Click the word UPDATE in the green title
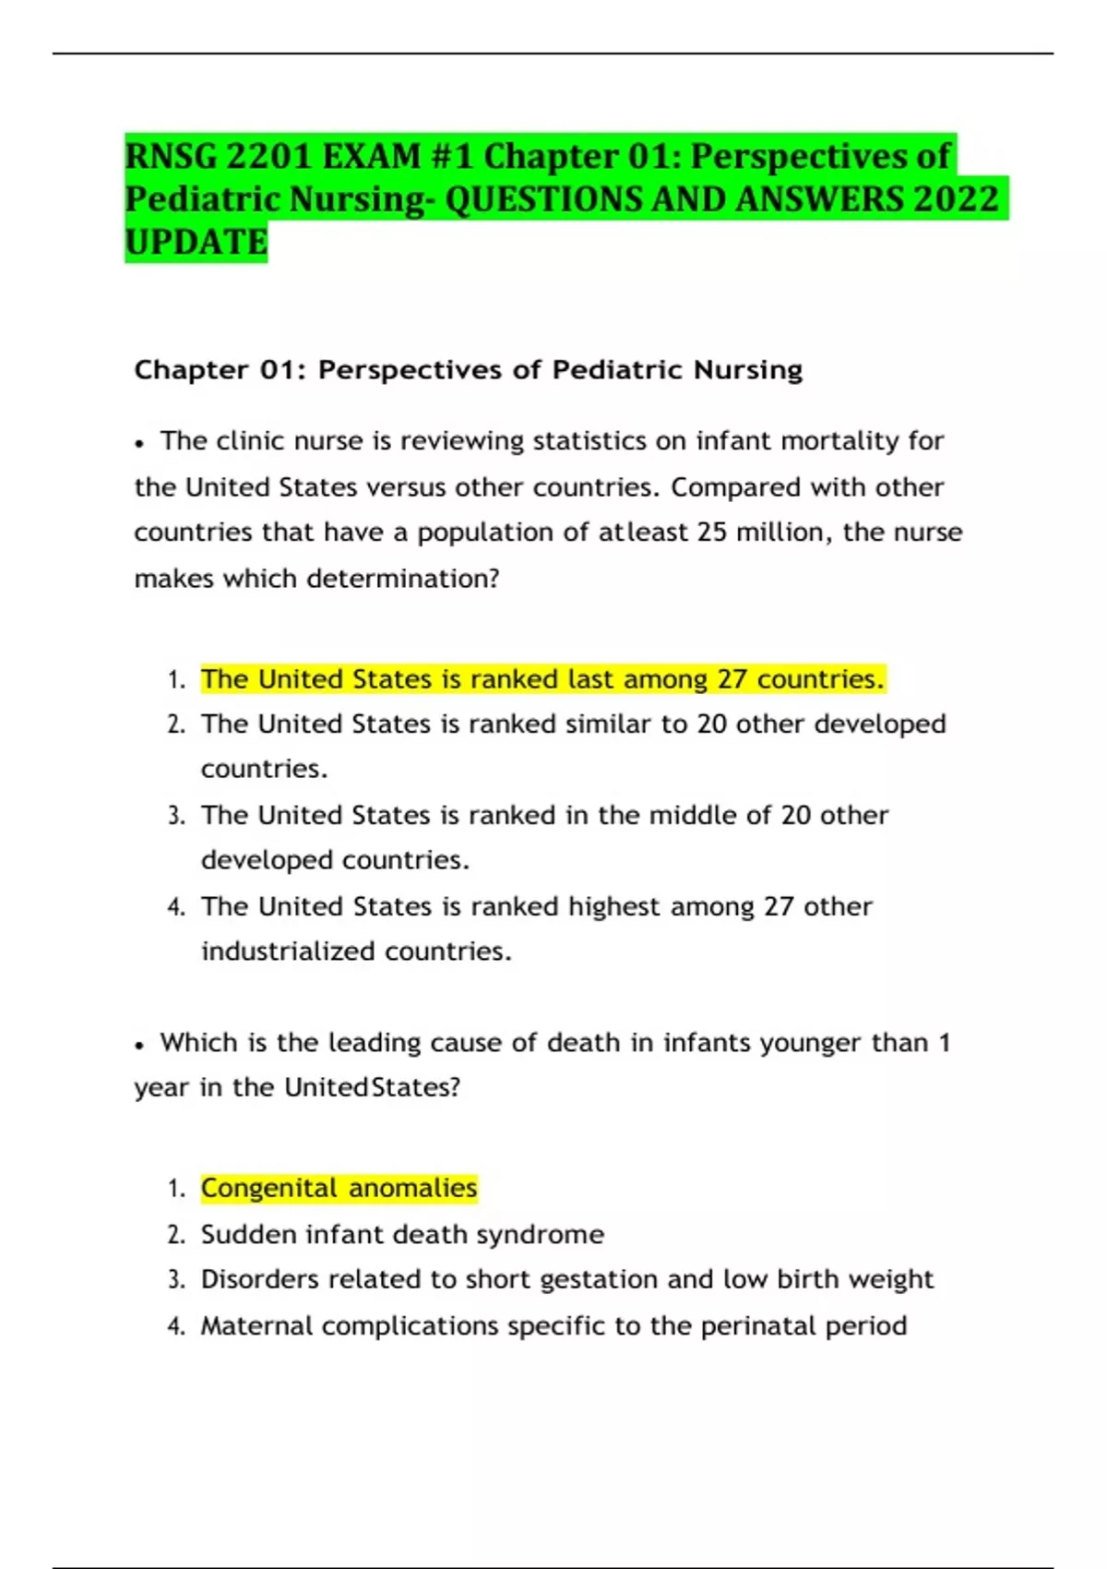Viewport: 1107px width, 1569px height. (196, 243)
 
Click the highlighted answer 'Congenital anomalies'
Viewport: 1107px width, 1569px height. (339, 1188)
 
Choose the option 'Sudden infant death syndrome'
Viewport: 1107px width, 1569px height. (402, 1234)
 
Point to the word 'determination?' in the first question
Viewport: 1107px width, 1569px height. (403, 579)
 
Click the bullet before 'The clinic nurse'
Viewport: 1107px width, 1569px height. (139, 443)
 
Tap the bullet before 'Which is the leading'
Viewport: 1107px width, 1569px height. (139, 1045)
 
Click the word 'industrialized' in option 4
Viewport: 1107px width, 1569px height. (288, 952)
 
